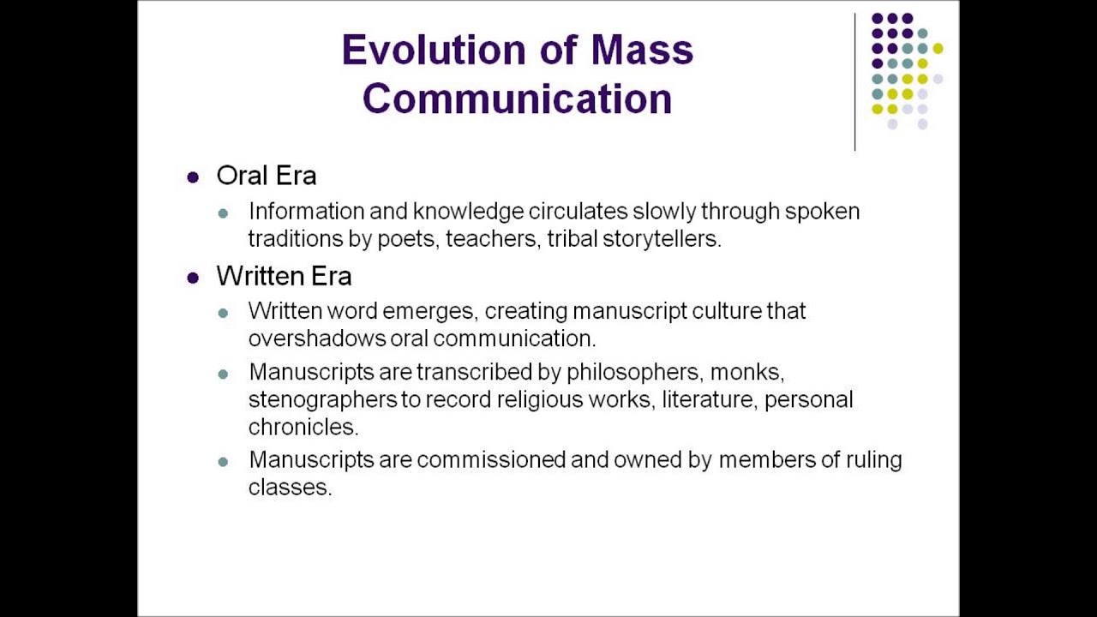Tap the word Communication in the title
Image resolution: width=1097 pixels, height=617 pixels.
(517, 99)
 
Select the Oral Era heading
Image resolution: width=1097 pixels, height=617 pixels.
(267, 176)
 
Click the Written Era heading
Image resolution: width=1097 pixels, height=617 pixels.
(284, 276)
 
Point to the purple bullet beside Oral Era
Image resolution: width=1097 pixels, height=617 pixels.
(193, 177)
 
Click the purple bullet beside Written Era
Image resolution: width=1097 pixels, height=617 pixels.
(193, 278)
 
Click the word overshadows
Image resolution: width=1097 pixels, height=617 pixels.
(317, 338)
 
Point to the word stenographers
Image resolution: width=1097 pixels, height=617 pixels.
(322, 399)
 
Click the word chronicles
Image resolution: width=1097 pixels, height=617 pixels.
(303, 427)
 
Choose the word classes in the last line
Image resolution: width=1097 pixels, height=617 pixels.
(289, 488)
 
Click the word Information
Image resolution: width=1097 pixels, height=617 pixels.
(306, 211)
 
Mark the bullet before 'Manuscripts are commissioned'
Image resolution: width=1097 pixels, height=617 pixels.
(224, 462)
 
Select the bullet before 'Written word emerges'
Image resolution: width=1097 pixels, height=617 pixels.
(224, 313)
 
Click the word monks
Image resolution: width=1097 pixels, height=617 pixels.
(746, 373)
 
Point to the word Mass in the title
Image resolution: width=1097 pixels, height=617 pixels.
(642, 51)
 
